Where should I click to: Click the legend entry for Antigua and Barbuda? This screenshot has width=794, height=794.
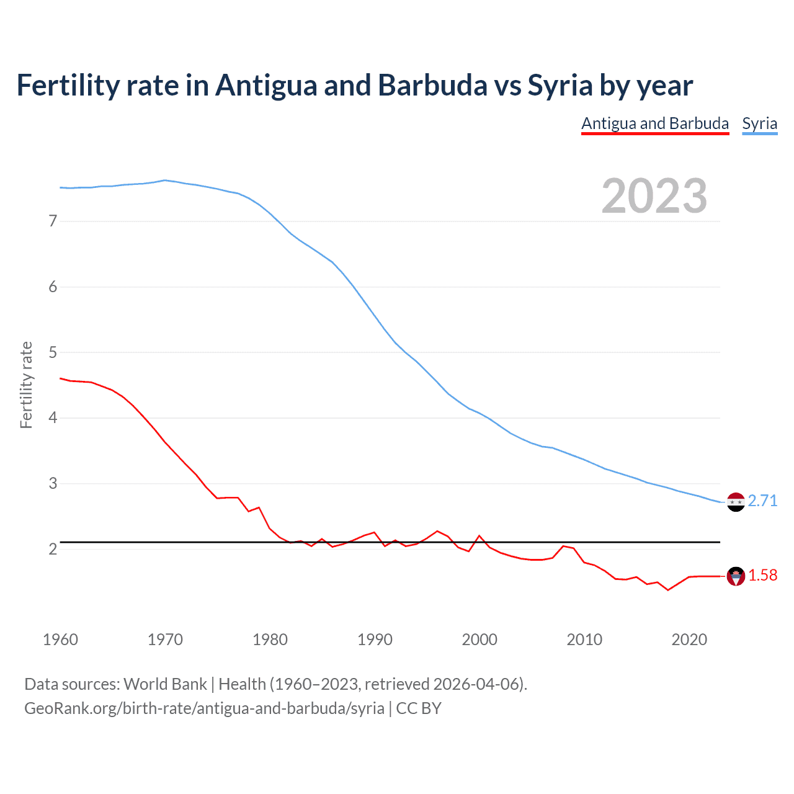coord(654,123)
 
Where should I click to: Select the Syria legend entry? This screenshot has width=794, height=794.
coord(759,123)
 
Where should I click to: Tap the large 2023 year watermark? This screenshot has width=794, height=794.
coord(654,196)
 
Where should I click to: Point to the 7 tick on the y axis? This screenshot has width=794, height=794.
coord(53,221)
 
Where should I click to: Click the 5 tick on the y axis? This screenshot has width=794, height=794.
coord(53,352)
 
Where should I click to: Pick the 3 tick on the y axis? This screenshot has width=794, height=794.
coord(53,483)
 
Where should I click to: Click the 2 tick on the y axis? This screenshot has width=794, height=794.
coord(53,549)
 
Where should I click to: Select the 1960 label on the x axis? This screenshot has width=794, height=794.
coord(60,640)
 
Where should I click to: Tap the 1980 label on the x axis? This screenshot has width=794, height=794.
coord(270,640)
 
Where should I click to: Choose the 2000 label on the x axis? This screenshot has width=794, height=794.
coord(480,640)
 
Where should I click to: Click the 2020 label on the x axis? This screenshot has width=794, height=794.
coord(689,640)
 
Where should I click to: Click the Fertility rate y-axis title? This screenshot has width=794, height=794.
coord(26,385)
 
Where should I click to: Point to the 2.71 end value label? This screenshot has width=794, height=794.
coord(762,501)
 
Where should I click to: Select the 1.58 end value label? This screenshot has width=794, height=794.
coord(762,576)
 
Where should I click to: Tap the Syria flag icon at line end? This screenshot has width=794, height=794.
coord(736,502)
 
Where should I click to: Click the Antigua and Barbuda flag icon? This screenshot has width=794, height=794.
coord(736,576)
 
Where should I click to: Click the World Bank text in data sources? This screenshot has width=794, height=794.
coord(165,684)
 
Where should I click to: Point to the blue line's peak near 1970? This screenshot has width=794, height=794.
coord(164,181)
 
